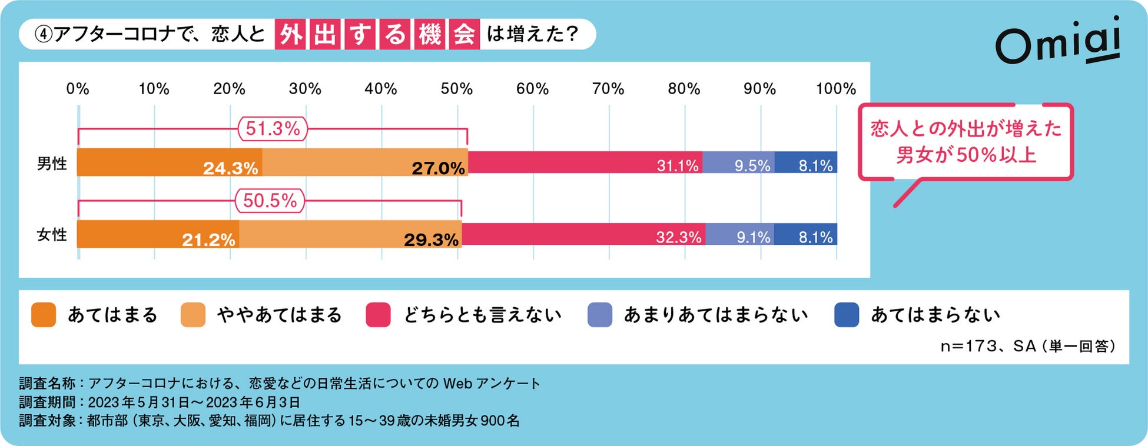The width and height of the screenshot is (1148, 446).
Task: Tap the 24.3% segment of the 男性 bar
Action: pos(170,162)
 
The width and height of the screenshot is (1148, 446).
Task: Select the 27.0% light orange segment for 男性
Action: pos(365,162)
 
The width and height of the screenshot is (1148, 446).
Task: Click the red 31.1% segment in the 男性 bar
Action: pos(585,162)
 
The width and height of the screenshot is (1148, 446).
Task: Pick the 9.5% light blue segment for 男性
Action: pos(738,162)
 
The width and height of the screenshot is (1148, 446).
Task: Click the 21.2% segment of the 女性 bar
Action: pos(158,234)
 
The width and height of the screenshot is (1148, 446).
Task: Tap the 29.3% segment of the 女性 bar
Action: pos(350,234)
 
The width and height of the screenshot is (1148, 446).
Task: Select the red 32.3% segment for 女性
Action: pos(583,234)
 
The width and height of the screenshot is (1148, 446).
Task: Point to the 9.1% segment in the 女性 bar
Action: pos(739,234)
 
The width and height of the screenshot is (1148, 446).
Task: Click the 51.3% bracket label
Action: pos(273,128)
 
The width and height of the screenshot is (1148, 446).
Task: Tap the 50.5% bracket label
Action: pos(270,201)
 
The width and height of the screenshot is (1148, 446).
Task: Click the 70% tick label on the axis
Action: pos(608,89)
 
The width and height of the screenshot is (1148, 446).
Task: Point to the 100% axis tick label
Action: pos(835,89)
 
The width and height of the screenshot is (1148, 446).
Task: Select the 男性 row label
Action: pos(52,164)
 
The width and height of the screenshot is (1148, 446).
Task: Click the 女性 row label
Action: pos(52,235)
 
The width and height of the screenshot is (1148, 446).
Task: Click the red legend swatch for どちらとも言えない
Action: pos(378,315)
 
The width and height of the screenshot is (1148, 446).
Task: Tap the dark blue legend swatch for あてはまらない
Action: pos(847,315)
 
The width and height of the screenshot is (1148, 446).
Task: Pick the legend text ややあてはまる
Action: pos(279,315)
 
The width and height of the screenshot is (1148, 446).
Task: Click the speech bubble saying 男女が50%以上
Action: pos(965,142)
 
